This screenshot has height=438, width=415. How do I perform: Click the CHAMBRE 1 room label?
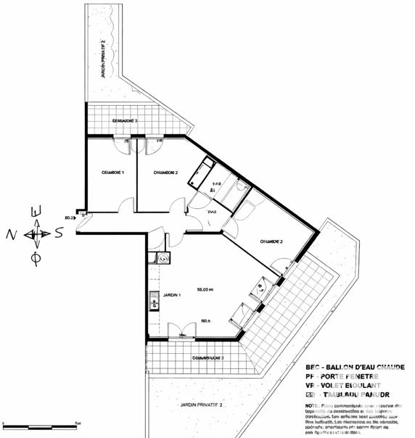(113, 173)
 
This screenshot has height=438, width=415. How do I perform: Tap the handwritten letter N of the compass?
(11, 234)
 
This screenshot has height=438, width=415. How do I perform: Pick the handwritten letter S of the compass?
(59, 234)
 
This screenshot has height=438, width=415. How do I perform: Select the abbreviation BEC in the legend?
(315, 366)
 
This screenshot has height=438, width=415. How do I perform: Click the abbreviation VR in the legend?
(313, 385)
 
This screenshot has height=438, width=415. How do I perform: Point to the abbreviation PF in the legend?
(312, 376)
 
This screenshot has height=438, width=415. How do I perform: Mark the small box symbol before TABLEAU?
(312, 395)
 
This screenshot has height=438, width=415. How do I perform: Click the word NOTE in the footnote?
(313, 405)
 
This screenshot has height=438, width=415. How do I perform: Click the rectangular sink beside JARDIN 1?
(155, 300)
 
